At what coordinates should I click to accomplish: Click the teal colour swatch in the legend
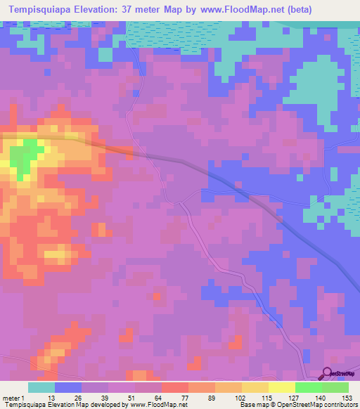[x=41, y=387]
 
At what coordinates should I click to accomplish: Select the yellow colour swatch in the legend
[x=281, y=387]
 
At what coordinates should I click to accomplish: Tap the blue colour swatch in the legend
[x=68, y=387]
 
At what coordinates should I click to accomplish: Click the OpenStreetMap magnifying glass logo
[x=328, y=373]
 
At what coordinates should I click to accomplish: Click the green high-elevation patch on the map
[x=26, y=155]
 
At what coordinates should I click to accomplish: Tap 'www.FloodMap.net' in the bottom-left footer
[x=154, y=405]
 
